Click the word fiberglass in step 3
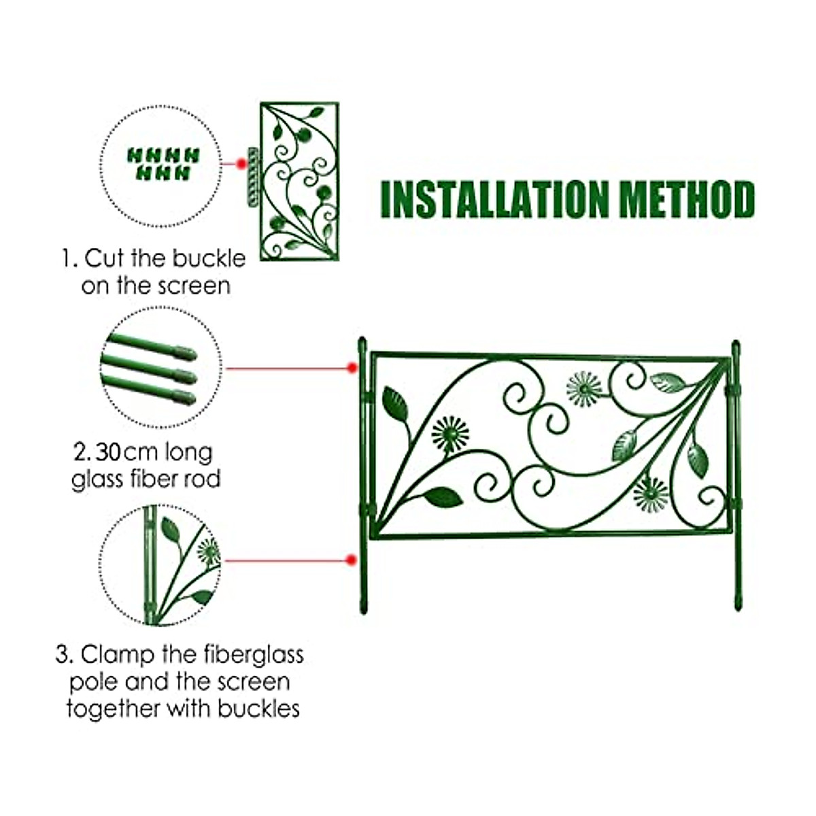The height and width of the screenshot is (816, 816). click(253, 656)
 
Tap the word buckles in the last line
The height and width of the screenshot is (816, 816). click(258, 709)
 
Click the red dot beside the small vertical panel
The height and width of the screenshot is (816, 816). click(240, 164)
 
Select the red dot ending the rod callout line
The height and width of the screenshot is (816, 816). click(352, 368)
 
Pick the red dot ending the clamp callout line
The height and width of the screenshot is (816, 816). click(351, 560)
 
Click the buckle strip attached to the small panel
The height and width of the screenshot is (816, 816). click(252, 175)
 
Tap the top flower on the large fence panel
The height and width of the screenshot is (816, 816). click(584, 389)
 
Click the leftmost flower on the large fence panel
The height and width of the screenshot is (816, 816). click(450, 435)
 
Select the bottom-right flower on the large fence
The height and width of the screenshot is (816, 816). click(651, 494)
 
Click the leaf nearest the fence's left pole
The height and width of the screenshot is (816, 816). click(395, 404)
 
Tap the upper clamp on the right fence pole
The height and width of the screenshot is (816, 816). click(734, 391)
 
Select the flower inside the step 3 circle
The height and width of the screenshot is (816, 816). click(207, 551)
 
